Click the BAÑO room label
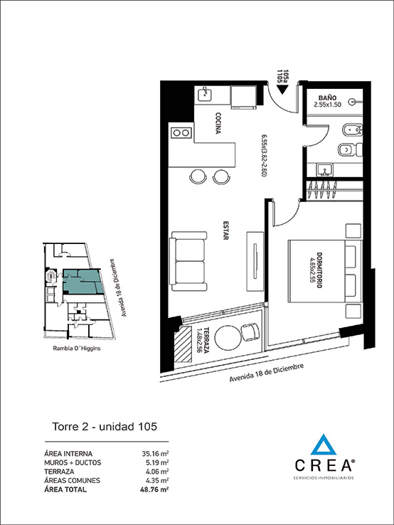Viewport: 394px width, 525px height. [x=327, y=97]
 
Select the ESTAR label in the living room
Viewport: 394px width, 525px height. [x=225, y=232]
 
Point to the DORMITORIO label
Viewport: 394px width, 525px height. [x=321, y=270]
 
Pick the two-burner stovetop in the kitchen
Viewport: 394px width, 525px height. [x=181, y=132]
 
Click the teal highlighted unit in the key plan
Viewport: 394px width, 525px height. [x=80, y=281]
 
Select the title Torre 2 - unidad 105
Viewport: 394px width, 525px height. [x=105, y=427]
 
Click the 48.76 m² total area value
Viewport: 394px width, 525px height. [x=155, y=489]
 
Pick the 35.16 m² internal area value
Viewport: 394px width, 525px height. [x=155, y=452]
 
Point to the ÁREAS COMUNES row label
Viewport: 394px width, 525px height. [x=72, y=480]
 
